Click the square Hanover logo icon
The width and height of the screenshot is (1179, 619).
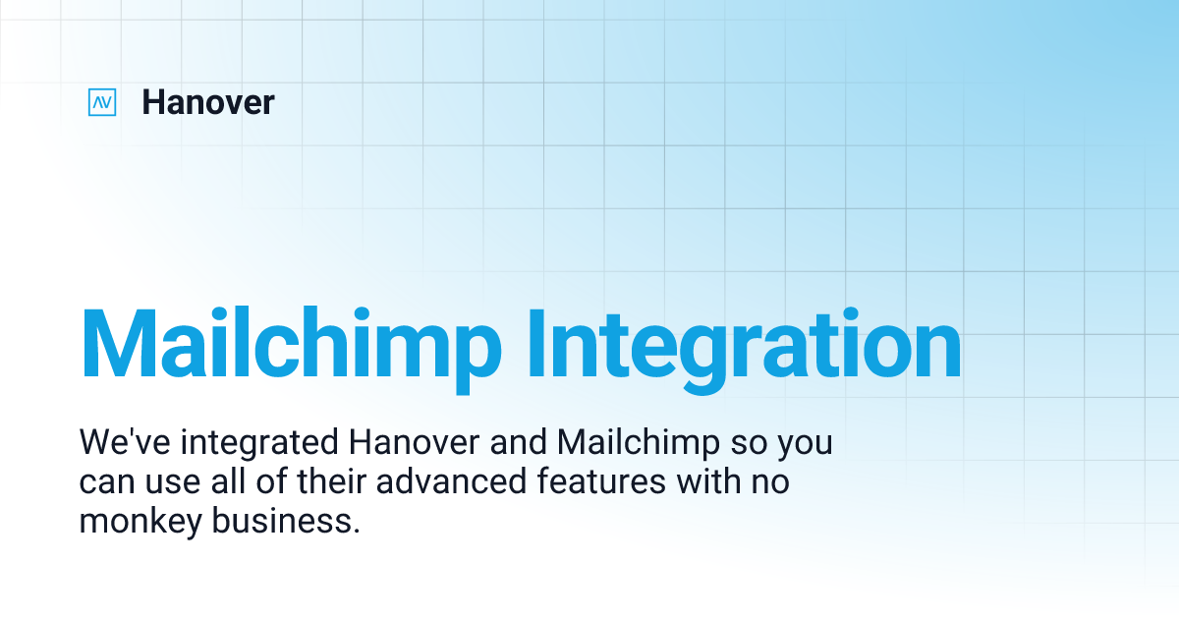(x=102, y=102)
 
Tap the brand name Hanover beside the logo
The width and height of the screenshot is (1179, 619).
(x=207, y=102)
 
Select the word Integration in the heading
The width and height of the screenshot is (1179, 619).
(x=744, y=346)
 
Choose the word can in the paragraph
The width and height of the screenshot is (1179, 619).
(x=102, y=483)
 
